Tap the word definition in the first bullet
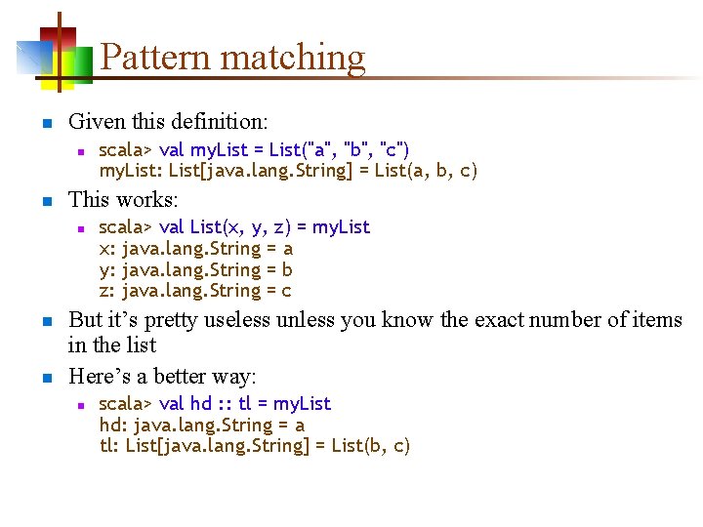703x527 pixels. pyautogui.click(x=219, y=122)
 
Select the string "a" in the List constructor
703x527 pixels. pyautogui.click(x=314, y=149)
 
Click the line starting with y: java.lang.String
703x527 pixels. pyautogui.click(x=196, y=269)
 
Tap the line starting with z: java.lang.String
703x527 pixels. pyautogui.click(x=195, y=291)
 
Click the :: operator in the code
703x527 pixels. pyautogui.click(x=224, y=404)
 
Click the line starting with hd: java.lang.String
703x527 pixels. pyautogui.click(x=202, y=426)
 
